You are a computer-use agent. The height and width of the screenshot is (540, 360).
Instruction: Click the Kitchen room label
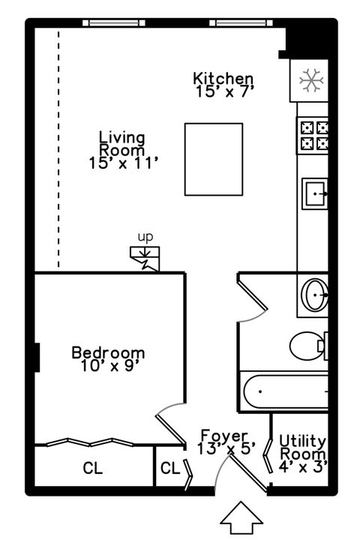[x=223, y=78]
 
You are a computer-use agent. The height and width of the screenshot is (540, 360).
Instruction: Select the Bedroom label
[x=108, y=352]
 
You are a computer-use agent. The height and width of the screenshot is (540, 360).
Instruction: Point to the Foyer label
[x=223, y=436]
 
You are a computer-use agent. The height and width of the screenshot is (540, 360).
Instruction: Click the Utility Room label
[x=302, y=447]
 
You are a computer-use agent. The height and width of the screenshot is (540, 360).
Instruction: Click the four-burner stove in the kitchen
[x=314, y=135]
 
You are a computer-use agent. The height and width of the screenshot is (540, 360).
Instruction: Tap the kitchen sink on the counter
[x=314, y=196]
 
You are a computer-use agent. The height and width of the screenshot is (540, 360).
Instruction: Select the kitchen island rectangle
[x=214, y=160]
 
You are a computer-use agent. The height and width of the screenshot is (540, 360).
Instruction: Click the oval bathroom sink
[x=314, y=294]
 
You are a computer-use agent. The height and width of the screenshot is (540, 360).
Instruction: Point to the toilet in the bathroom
[x=309, y=346]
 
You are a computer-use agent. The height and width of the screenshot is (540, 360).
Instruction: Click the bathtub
[x=285, y=391]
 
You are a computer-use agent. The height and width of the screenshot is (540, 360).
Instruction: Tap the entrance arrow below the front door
[x=242, y=519]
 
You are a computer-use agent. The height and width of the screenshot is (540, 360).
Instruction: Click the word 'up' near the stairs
[x=145, y=237]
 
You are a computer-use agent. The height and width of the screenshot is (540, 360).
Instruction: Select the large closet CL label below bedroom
[x=92, y=469]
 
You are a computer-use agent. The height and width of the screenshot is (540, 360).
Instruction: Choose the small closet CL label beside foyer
[x=169, y=469]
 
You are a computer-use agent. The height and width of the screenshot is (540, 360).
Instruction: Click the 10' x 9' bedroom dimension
[x=108, y=366]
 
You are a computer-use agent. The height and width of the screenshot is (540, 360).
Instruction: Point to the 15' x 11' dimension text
[x=121, y=162]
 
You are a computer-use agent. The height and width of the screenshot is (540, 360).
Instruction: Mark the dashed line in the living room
[x=58, y=150]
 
